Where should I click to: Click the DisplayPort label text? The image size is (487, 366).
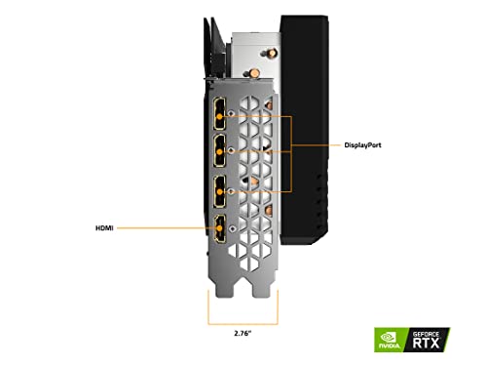[x=362, y=145]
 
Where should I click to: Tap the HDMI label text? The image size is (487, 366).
[x=104, y=228]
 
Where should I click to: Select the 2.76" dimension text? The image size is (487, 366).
[x=243, y=333]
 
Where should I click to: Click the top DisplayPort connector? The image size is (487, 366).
[x=220, y=113]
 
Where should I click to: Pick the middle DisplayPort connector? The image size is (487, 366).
[x=220, y=151]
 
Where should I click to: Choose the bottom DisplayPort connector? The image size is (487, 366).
[x=220, y=192]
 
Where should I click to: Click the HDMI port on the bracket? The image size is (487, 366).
[x=220, y=228]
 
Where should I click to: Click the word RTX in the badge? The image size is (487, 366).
[x=426, y=343]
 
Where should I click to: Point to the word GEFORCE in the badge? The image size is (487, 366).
[x=426, y=334]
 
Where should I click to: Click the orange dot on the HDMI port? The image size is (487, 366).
[x=220, y=228]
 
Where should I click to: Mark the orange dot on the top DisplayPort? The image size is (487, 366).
[x=220, y=116]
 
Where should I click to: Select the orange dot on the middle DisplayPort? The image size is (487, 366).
[x=220, y=151]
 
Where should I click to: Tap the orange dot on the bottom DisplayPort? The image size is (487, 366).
[x=220, y=192]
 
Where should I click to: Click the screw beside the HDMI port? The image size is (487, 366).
[x=231, y=228]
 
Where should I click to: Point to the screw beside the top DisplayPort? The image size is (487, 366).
[x=231, y=113]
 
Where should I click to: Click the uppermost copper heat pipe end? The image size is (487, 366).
[x=272, y=51]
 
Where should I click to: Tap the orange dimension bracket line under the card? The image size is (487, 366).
[x=243, y=324]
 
